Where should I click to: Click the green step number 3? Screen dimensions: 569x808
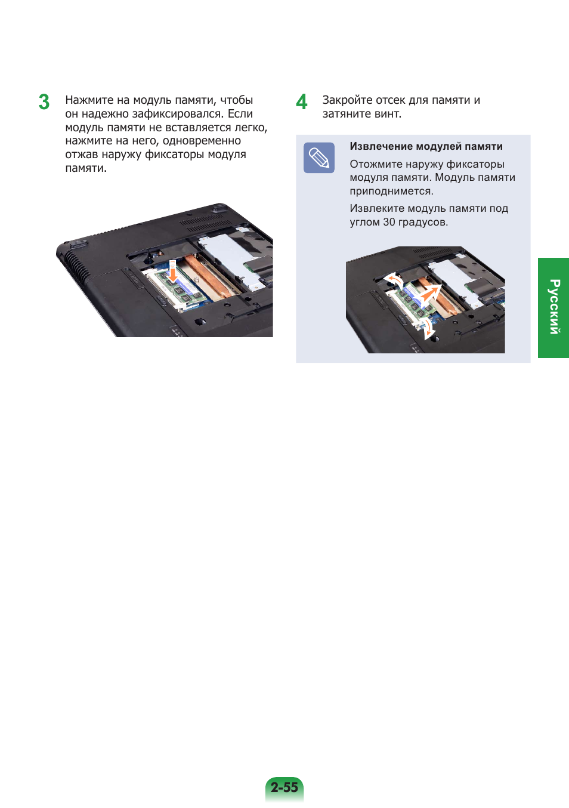pyautogui.click(x=44, y=102)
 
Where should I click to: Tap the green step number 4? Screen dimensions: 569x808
pyautogui.click(x=301, y=101)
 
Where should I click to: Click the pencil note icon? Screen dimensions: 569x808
pyautogui.click(x=318, y=158)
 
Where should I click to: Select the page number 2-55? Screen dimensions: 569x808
pyautogui.click(x=284, y=787)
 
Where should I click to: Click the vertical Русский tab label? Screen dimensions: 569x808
pyautogui.click(x=554, y=307)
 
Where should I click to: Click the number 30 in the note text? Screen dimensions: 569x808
pyautogui.click(x=389, y=222)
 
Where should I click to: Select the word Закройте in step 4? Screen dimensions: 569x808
pyautogui.click(x=347, y=100)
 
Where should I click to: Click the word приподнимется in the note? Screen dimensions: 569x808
pyautogui.click(x=392, y=191)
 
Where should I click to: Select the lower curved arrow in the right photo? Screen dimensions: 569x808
pyautogui.click(x=428, y=329)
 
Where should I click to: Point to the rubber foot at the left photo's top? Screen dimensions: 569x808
pyautogui.click(x=219, y=208)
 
